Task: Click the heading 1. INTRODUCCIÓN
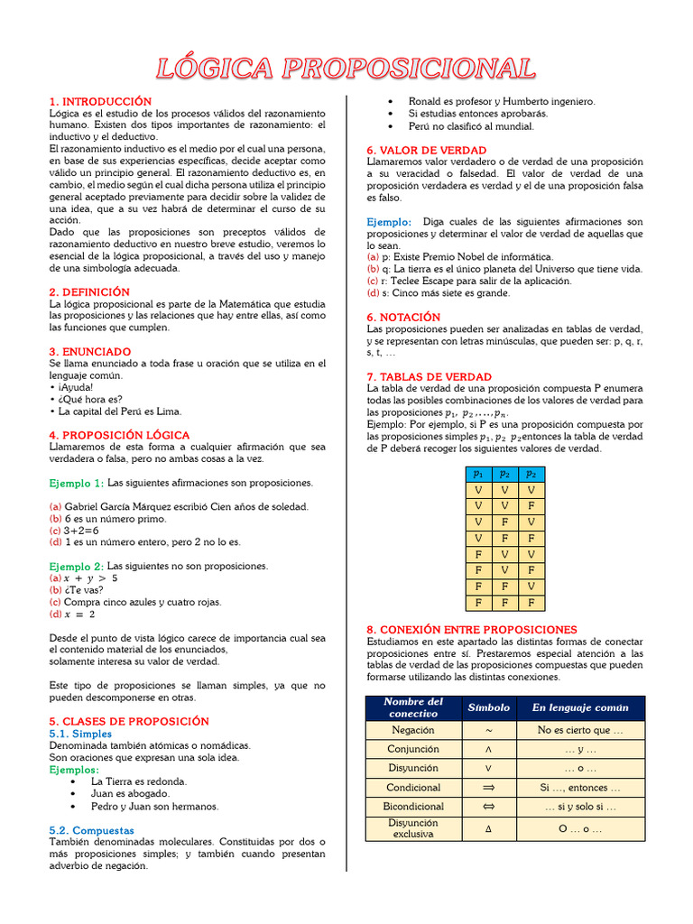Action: (100, 101)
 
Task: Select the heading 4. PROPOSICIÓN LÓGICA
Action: (119, 435)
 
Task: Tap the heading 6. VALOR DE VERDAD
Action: (426, 150)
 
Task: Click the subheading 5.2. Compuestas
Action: (91, 829)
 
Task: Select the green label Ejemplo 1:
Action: (76, 483)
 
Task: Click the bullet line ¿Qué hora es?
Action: (88, 399)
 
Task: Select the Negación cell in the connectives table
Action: (413, 730)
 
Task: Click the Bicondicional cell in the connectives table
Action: (413, 806)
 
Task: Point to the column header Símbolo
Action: (488, 708)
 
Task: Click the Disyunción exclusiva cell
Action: (413, 828)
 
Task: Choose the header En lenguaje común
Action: (579, 708)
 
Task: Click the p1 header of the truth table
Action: (478, 474)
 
